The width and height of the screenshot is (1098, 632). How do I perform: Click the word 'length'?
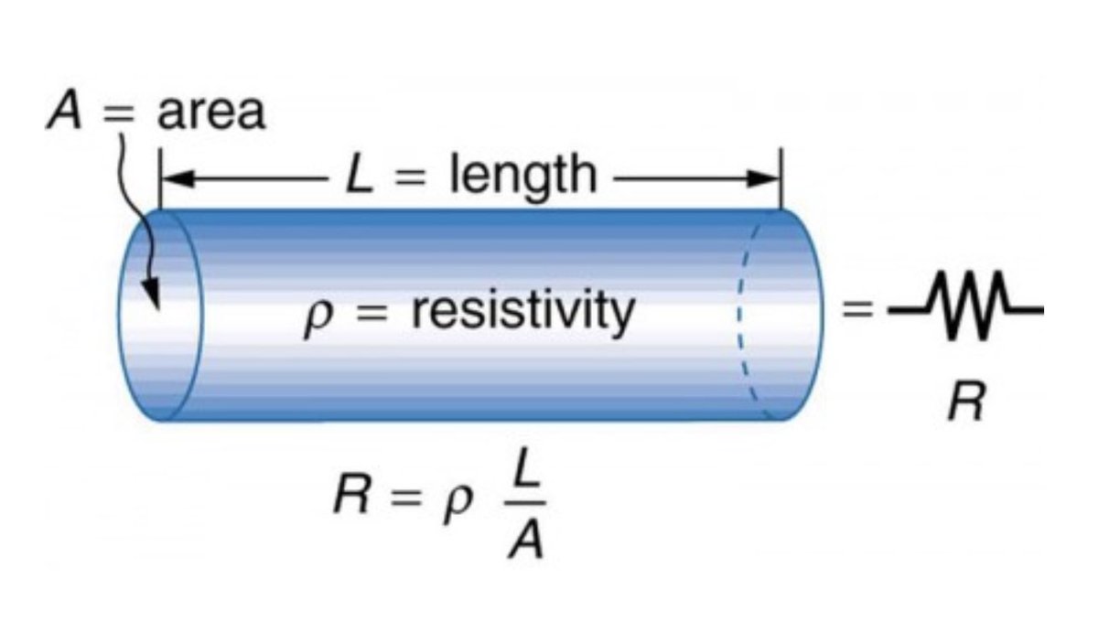(x=522, y=176)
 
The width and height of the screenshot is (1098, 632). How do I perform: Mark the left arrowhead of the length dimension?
(x=174, y=180)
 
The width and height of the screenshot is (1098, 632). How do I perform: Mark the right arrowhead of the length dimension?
(x=769, y=180)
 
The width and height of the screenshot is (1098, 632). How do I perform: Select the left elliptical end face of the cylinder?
(x=157, y=316)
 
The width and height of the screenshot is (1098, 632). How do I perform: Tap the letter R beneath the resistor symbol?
(x=964, y=403)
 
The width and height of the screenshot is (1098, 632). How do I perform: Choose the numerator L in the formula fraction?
(x=528, y=472)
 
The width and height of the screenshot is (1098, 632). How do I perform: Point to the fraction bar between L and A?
(x=528, y=504)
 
